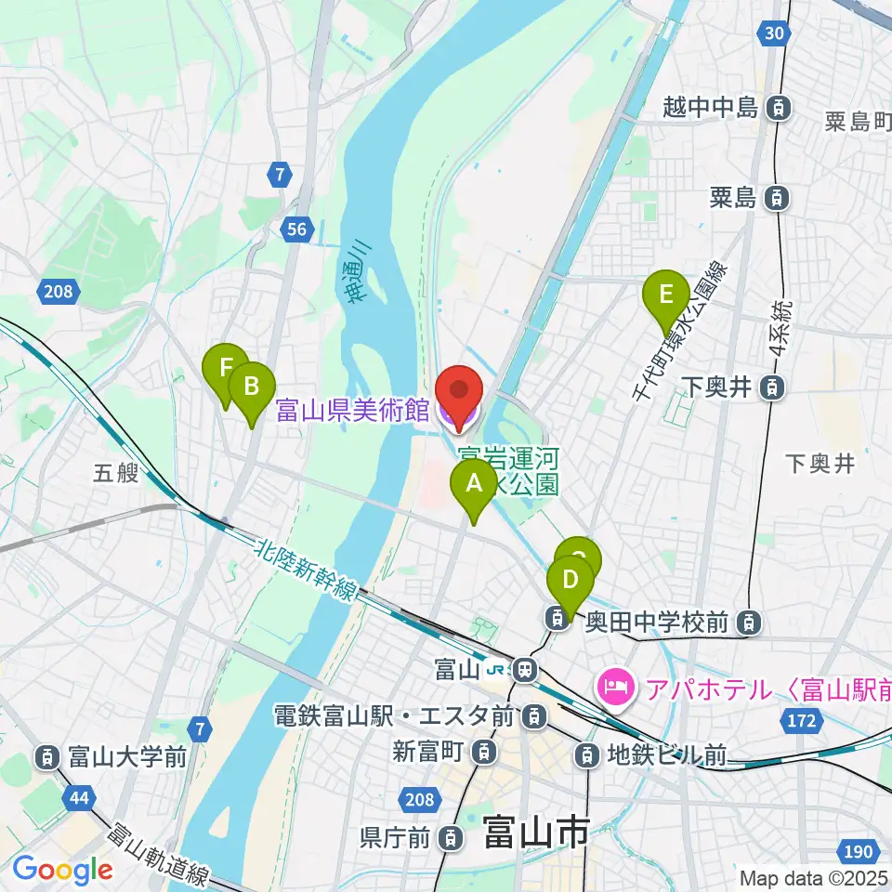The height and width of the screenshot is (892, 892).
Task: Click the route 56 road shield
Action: click(296, 230)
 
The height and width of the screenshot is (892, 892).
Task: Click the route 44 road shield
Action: click(80, 796)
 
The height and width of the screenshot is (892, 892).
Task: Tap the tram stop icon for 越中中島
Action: click(779, 109)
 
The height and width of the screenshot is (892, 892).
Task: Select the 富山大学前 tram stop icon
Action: click(46, 757)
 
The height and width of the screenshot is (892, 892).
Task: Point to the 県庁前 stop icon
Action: click(450, 838)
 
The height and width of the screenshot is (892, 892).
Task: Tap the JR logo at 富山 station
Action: click(502, 669)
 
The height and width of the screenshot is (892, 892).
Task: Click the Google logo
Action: click(62, 871)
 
